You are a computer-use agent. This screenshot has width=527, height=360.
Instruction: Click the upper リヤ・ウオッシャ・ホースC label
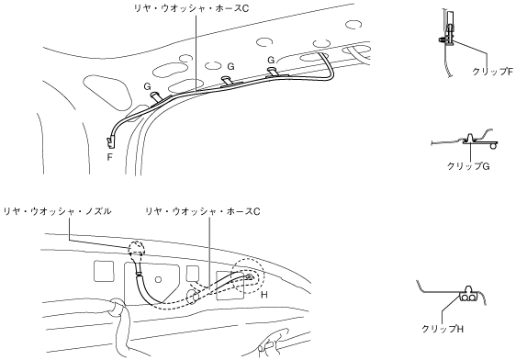click(191, 8)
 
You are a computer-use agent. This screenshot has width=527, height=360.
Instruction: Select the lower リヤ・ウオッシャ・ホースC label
click(203, 211)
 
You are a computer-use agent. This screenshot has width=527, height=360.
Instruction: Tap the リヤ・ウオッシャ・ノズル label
click(57, 211)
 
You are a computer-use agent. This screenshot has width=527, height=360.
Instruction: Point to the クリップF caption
click(493, 72)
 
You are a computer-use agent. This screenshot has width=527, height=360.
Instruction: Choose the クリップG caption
click(468, 166)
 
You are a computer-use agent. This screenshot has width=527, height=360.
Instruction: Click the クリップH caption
click(443, 329)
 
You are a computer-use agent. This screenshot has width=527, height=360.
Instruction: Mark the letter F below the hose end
click(109, 157)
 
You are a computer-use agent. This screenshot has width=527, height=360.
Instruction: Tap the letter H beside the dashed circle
click(264, 295)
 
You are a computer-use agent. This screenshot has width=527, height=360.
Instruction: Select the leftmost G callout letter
click(147, 86)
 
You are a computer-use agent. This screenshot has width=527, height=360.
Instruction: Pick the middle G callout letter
click(230, 66)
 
